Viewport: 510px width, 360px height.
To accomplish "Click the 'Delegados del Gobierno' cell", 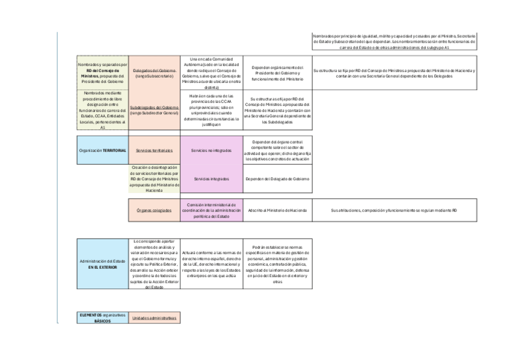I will (x=155, y=73).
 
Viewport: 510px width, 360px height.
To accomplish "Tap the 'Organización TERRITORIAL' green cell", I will (x=103, y=150).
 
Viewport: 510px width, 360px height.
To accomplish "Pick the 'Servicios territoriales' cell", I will (x=155, y=150).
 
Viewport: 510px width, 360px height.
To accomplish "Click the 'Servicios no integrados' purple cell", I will (x=211, y=150).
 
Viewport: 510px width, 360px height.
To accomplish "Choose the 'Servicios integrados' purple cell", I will (x=211, y=179).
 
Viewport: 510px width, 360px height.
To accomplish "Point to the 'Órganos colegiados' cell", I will (x=155, y=211).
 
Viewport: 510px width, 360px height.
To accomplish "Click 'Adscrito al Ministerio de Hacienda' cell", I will (x=277, y=211).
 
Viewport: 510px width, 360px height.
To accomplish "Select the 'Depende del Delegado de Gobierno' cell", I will (x=277, y=179).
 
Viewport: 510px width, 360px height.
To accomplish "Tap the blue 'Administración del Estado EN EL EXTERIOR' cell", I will (x=103, y=264).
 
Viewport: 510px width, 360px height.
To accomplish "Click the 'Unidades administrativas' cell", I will (x=155, y=317).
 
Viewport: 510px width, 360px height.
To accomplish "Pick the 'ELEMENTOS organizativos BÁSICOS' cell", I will (x=103, y=317).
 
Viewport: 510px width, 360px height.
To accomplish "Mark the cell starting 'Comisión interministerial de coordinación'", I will (x=211, y=211).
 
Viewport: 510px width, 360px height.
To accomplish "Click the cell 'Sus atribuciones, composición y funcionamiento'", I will (x=395, y=211).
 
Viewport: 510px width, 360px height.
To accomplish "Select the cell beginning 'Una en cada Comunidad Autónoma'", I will (x=211, y=73).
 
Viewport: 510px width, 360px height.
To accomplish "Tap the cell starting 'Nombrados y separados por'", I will (x=103, y=73).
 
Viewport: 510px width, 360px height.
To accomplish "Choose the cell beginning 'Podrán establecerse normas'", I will (x=277, y=264).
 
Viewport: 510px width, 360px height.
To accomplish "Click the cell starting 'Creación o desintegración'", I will (x=155, y=179).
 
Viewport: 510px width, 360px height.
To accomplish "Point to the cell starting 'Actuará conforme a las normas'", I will (x=211, y=264).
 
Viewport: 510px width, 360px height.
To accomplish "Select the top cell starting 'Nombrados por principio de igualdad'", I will (x=395, y=41).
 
